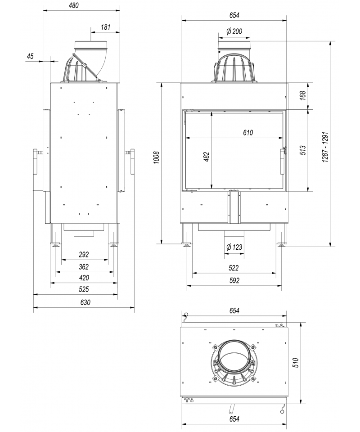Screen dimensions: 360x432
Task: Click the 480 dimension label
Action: pos(73,5)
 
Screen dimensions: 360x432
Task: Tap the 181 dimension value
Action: pos(105,27)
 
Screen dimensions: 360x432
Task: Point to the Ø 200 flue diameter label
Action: pos(234,31)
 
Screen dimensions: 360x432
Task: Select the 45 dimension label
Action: pos(30,56)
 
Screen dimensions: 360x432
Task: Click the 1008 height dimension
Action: pos(157,157)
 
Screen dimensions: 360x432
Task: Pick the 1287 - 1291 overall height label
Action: pos(325,147)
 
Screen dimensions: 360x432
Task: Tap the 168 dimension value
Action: pos(303,95)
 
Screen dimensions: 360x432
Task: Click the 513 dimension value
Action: pos(303,150)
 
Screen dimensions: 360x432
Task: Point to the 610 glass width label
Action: pos(248,132)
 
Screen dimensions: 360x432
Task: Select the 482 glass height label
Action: pos(207,157)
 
